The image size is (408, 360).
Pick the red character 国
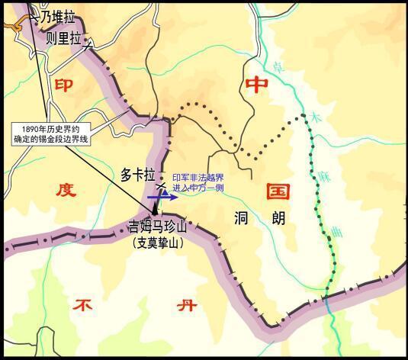pyautogui.click(x=275, y=190)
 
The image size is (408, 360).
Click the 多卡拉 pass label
pyautogui.click(x=138, y=174)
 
